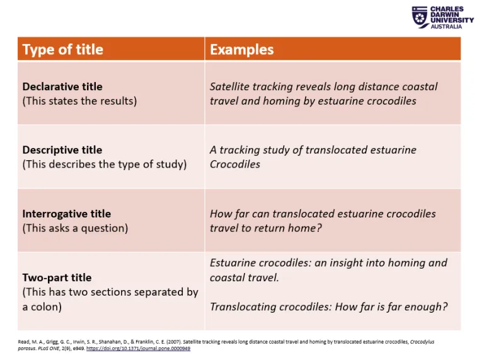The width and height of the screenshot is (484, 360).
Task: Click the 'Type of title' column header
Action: (x=62, y=50)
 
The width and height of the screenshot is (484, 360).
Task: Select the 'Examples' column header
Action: (x=241, y=50)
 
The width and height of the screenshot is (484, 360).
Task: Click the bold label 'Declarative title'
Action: (x=62, y=87)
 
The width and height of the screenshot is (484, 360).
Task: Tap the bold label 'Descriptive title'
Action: (x=62, y=150)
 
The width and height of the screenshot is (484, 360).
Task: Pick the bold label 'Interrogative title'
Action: (x=66, y=214)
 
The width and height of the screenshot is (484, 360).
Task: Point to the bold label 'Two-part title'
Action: (x=57, y=277)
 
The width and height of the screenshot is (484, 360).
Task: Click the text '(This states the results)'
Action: (x=79, y=101)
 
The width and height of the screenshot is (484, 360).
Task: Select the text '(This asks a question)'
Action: (x=75, y=228)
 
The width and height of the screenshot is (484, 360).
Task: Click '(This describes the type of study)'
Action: (x=105, y=164)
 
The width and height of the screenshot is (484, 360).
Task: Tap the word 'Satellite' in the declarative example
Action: (x=231, y=86)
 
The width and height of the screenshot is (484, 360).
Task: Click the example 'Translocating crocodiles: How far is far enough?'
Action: (x=328, y=307)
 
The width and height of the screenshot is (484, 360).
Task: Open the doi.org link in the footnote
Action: (x=138, y=348)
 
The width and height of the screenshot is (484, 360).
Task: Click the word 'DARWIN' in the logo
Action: (x=447, y=15)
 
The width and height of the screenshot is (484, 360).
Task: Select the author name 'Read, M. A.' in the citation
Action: (x=28, y=342)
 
